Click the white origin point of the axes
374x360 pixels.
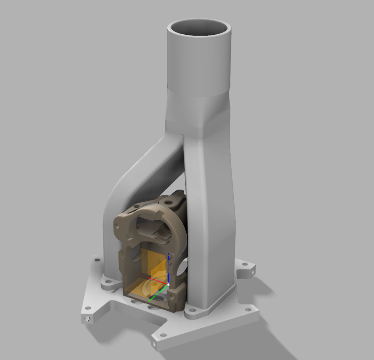(168, 284)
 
